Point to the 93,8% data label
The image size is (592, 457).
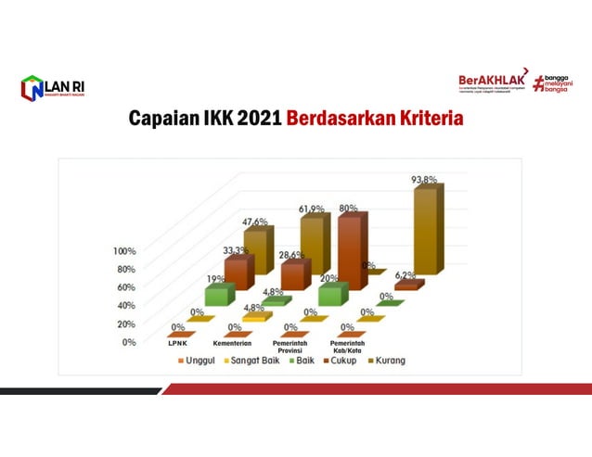pos(425,180)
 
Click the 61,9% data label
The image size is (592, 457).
pos(313,209)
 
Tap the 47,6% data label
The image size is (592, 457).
pos(255,222)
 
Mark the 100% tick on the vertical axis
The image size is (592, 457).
pos(124,251)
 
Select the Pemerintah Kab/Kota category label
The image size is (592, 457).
pos(346,347)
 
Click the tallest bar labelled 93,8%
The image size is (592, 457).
pos(427,236)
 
